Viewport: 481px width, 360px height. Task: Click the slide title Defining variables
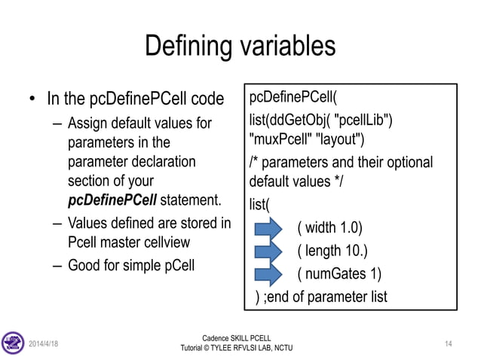click(x=240, y=46)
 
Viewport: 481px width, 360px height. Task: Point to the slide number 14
click(x=449, y=343)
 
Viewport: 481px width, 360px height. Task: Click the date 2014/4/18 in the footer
click(x=44, y=343)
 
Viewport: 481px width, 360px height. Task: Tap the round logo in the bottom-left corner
click(x=14, y=343)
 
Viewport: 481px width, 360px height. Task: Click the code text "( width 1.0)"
click(x=330, y=227)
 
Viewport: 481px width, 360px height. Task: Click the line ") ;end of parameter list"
click(x=321, y=296)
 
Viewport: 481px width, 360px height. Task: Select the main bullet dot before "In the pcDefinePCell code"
click(x=32, y=100)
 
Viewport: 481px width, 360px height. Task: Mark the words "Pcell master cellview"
click(x=127, y=243)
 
